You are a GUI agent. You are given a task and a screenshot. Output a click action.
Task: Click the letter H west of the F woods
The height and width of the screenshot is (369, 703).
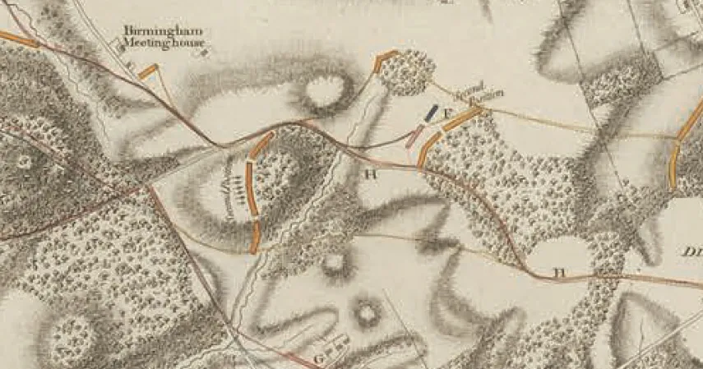click(370, 173)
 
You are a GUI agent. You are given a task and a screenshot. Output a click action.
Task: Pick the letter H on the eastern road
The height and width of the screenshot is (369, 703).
click(559, 271)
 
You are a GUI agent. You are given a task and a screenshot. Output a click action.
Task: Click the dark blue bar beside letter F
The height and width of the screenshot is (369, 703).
click(432, 113)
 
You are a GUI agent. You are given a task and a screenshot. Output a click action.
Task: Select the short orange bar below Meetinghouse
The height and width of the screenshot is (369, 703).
click(148, 72)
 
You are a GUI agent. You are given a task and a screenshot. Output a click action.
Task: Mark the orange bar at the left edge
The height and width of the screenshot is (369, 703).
click(18, 38)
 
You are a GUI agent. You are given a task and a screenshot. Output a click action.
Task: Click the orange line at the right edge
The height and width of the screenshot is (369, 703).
click(678, 156)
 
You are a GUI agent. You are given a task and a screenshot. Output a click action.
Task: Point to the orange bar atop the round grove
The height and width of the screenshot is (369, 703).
click(385, 60)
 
